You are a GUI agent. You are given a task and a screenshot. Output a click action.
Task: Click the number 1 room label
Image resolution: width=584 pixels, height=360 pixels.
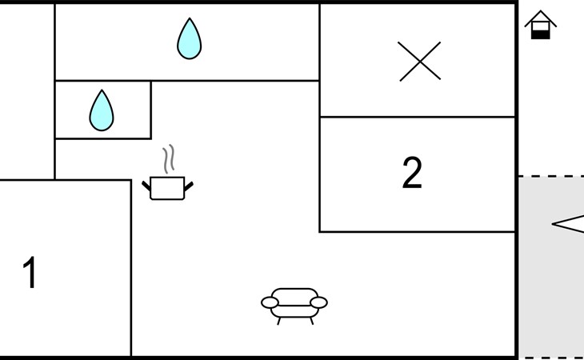[x=30, y=272]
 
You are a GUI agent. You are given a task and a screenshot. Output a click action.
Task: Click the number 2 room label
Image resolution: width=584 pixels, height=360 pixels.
[x=412, y=173]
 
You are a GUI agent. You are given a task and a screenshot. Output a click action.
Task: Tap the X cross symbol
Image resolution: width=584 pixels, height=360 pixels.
[x=420, y=62]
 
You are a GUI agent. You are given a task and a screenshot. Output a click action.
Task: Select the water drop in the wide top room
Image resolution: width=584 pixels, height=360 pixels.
[x=190, y=38]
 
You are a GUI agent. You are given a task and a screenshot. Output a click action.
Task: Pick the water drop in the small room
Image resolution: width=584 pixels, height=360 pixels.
[x=102, y=110]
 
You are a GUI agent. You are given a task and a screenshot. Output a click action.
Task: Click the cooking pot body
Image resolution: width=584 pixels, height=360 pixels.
[x=167, y=188]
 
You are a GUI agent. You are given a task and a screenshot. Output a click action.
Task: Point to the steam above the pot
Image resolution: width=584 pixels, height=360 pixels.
[x=168, y=159]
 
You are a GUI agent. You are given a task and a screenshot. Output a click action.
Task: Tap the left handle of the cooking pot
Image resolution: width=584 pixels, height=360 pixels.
[x=146, y=186]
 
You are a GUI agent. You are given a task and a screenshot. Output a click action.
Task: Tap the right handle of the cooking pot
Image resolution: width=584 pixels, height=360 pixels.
[x=189, y=186]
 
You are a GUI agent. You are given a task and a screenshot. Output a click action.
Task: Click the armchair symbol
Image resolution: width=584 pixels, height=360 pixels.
[x=294, y=306]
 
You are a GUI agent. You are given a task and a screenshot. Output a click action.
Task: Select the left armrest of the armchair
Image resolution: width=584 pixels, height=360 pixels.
[x=270, y=302]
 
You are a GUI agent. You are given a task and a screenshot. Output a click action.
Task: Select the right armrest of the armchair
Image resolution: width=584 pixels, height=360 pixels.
[x=319, y=302]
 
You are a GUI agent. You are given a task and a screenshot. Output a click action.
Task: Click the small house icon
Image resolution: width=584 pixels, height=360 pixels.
[x=541, y=25]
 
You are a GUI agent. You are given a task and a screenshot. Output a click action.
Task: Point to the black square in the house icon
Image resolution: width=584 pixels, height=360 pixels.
[x=541, y=34]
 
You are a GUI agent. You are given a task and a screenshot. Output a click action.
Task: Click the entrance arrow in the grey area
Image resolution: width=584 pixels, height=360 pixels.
[x=568, y=224]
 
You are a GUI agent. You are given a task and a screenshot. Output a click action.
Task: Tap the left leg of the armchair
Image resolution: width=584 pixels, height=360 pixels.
[x=278, y=321]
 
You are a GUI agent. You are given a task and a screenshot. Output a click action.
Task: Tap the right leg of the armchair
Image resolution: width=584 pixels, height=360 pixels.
[x=312, y=321]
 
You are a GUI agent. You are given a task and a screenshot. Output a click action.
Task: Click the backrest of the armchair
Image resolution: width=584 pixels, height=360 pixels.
[x=294, y=297]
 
